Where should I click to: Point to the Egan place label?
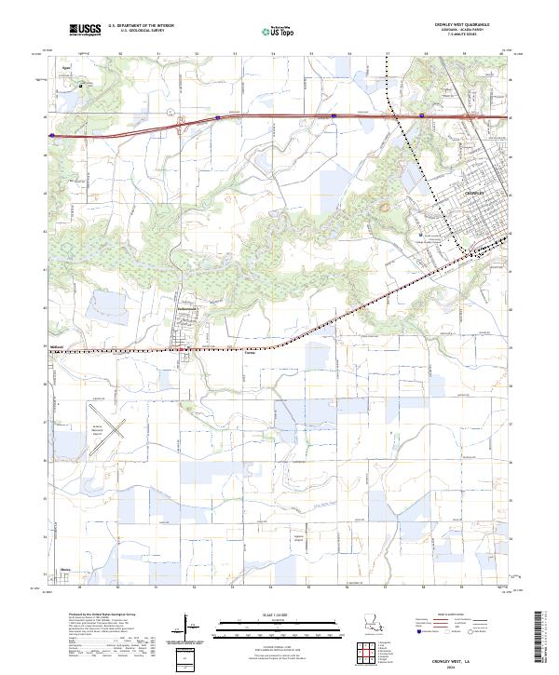point(66,69)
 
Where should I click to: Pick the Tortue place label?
point(250,352)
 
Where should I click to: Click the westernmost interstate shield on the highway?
point(52,134)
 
